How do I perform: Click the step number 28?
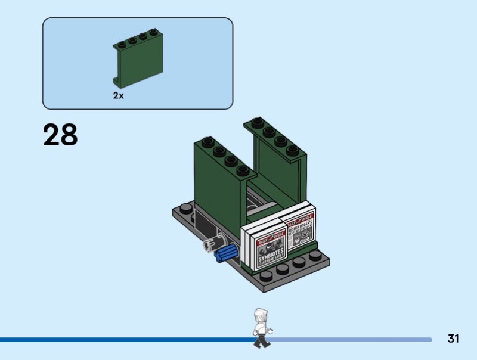tap(60, 135)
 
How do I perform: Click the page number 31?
tap(453, 339)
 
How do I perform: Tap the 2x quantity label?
tap(119, 95)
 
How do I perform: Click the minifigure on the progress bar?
tap(259, 327)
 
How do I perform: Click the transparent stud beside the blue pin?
tap(211, 245)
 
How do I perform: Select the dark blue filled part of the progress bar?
tap(119, 340)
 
